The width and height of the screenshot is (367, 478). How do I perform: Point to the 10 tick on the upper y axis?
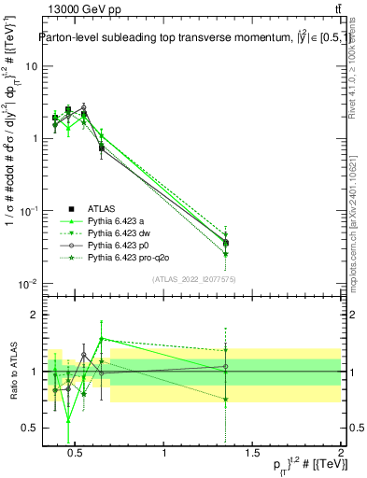tap(30, 66)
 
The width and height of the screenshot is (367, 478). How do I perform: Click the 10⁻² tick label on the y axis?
tap(27, 283)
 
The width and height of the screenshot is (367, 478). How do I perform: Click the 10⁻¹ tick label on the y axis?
tap(27, 211)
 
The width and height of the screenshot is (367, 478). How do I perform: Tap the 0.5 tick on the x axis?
tap(78, 454)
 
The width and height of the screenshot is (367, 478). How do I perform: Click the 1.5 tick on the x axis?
tap(252, 454)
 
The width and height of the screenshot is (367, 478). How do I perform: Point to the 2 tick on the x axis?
tap(340, 454)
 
